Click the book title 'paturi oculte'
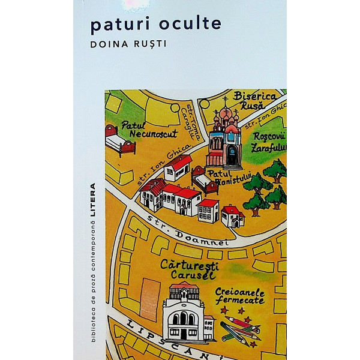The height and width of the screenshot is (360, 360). point(155,23)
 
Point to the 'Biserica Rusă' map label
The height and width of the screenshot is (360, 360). point(254,100)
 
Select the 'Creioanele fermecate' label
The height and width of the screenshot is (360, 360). point(240,295)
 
